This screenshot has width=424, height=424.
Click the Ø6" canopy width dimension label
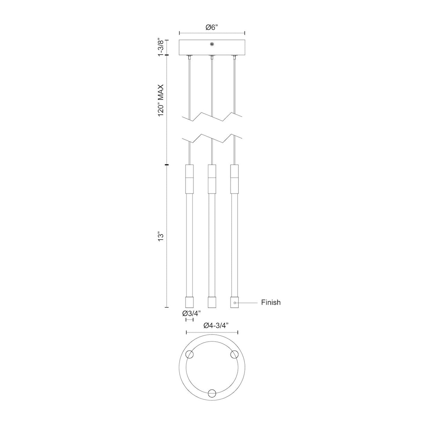212,27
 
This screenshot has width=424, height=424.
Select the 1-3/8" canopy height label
161,47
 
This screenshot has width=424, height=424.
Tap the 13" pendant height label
161,236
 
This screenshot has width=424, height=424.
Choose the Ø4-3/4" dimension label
212,326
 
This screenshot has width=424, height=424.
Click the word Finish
271,302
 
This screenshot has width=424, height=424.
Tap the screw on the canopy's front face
212,44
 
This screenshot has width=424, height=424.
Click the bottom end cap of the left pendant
189,302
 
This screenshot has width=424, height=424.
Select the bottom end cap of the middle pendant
212,302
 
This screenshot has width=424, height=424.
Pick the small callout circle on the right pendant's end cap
235,302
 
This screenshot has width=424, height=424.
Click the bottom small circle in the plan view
212,394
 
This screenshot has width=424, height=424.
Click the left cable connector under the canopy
189,57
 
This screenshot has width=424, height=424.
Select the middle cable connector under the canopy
212,57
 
